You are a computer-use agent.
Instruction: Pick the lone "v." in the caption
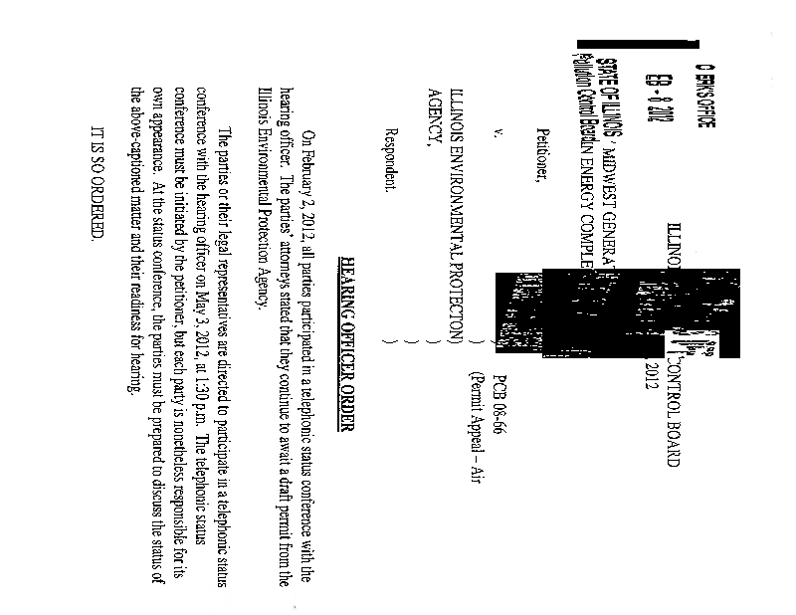(x=496, y=138)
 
